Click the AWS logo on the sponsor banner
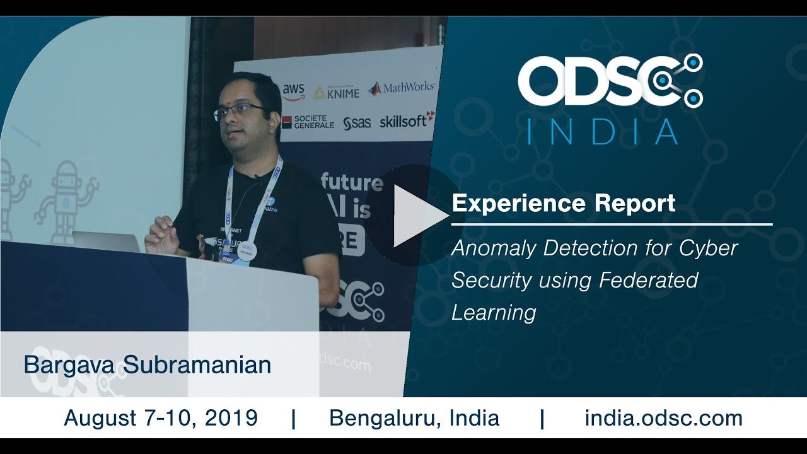293,91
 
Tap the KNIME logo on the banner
337,92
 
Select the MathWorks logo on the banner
402,88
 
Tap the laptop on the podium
106,242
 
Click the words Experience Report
564,203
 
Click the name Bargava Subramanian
148,364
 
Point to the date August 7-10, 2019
161,417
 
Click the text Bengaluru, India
414,417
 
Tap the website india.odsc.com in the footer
663,417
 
